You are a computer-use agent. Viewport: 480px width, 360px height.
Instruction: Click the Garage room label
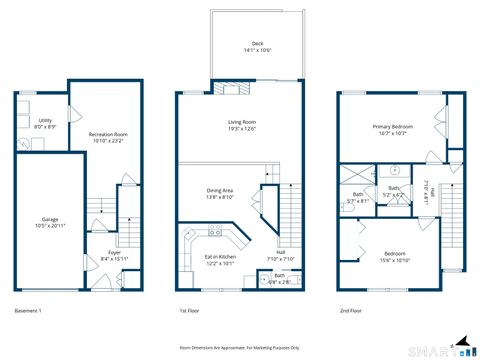[x=49, y=222]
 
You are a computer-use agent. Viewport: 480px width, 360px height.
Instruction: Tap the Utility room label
[x=46, y=124]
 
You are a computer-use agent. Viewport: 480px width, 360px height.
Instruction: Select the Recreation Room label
[x=108, y=136]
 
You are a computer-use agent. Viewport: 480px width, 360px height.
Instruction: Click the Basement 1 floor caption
[x=29, y=312]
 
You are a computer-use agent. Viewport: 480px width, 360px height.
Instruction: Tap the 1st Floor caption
[x=190, y=312]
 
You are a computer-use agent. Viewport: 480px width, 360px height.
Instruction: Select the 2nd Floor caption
[x=350, y=312]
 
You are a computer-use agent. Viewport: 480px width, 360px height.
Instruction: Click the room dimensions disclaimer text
[x=240, y=347]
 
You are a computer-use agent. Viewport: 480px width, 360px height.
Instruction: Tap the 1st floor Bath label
[x=280, y=279]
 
